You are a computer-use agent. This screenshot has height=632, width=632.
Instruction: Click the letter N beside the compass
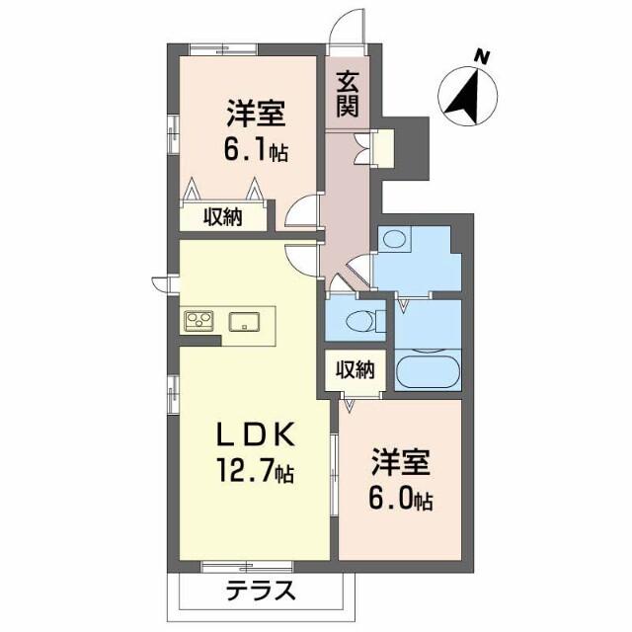481,56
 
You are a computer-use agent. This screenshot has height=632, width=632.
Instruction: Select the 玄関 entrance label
347,94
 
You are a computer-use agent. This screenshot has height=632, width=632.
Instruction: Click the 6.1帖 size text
257,154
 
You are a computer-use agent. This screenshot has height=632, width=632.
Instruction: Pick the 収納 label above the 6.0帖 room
355,370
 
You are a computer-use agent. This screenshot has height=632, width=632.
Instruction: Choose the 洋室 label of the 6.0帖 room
400,462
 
